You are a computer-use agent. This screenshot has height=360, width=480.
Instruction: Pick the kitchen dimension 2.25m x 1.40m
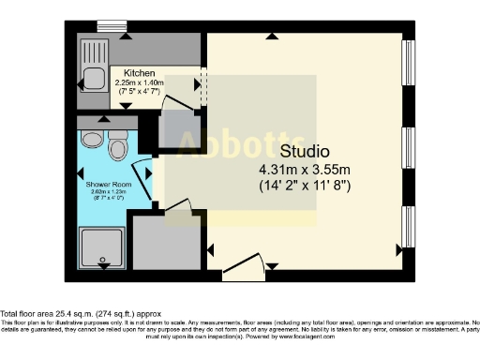pos(139,82)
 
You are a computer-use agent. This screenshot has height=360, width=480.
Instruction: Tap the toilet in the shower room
pos(118,146)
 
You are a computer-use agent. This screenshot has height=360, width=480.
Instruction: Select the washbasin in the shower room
pos(90,141)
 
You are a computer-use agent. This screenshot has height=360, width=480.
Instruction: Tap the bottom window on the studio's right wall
pos(409,227)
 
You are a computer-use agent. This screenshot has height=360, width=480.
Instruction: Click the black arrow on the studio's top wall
pos(271,37)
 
